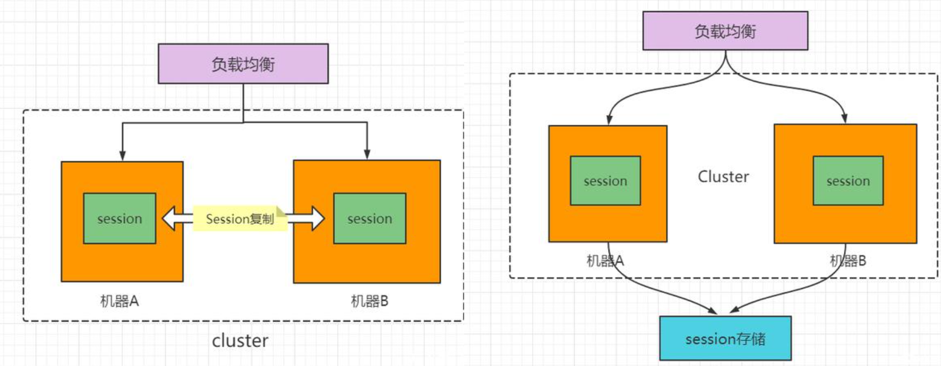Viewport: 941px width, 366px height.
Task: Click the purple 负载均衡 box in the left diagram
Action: [x=243, y=64]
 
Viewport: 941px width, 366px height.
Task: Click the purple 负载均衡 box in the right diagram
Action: [x=725, y=31]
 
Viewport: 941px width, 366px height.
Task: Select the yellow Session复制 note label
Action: [x=239, y=219]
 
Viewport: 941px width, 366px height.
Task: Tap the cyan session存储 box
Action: [x=725, y=338]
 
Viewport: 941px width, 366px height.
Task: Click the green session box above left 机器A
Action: [x=119, y=219]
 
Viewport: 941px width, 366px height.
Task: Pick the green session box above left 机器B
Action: [x=370, y=219]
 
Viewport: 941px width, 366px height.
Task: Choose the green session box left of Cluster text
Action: [x=605, y=181]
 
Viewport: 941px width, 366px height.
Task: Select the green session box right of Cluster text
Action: [x=848, y=181]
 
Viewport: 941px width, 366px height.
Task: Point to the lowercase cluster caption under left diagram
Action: [x=240, y=341]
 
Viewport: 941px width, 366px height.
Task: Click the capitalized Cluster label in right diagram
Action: [x=723, y=177]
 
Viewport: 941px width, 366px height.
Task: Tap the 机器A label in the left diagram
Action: [x=119, y=301]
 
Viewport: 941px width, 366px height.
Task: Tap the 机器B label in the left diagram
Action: [x=370, y=301]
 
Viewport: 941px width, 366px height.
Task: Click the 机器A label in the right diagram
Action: [x=605, y=261]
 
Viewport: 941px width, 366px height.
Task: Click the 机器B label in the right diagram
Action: [x=848, y=261]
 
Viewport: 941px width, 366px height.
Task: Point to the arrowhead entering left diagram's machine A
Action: [x=123, y=155]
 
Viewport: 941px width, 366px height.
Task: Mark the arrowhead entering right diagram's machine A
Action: [x=610, y=119]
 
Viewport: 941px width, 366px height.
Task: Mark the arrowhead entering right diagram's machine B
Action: [x=844, y=118]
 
